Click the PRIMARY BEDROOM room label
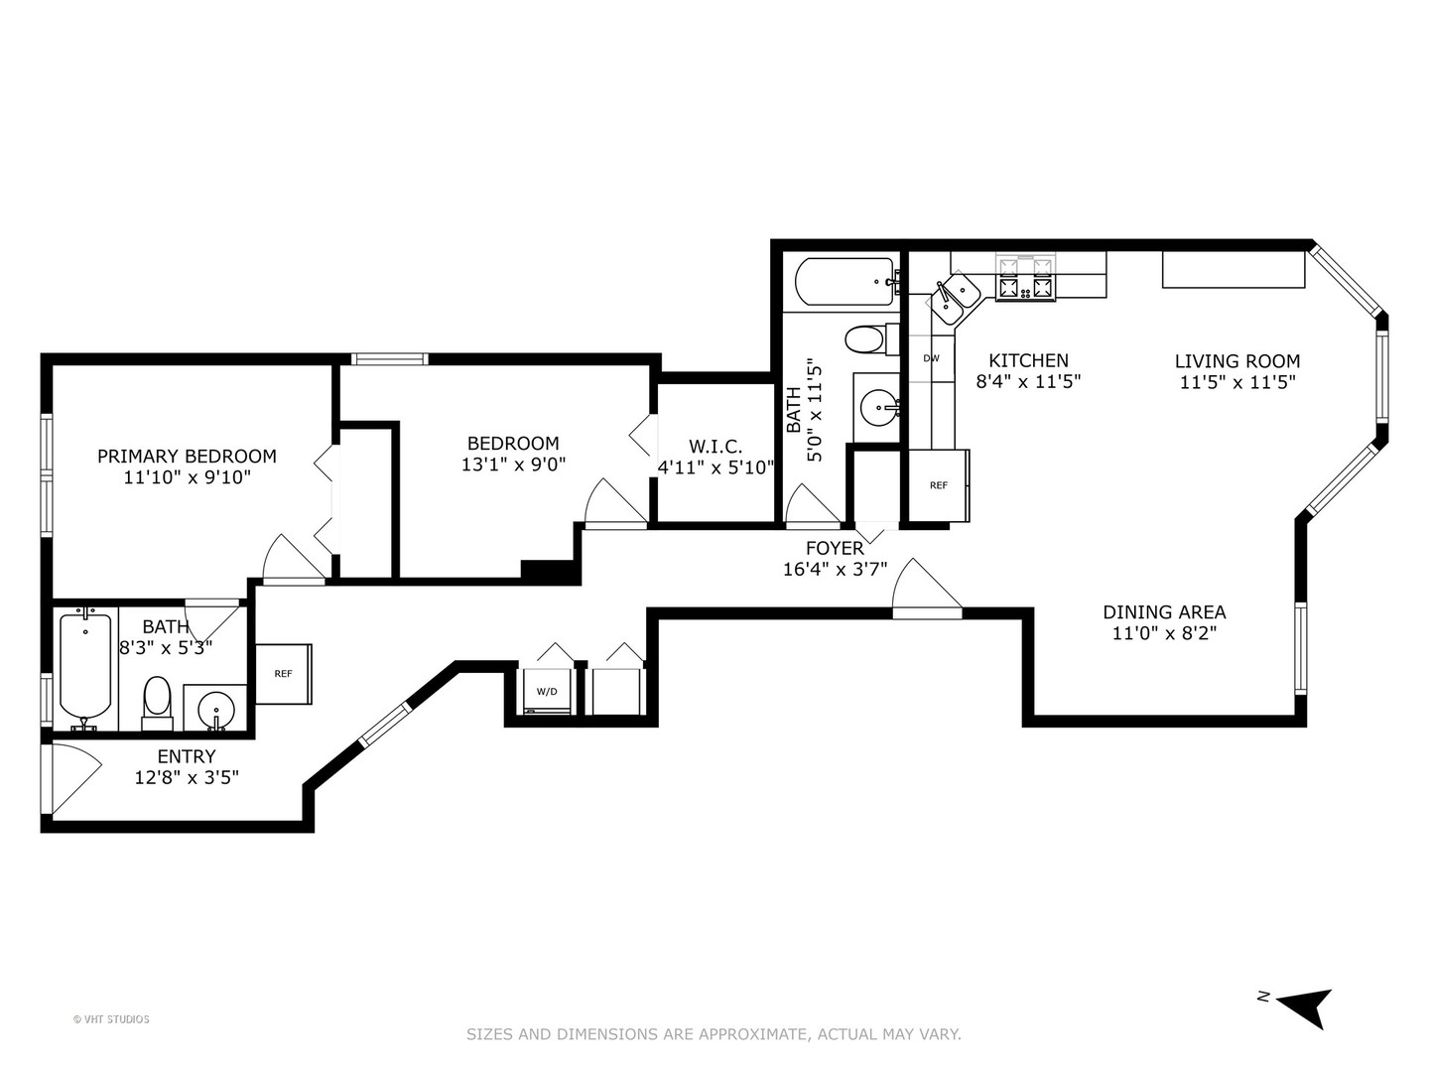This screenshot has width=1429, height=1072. (187, 457)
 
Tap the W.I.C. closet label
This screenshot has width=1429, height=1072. (715, 447)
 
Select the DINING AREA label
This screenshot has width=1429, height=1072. (1164, 611)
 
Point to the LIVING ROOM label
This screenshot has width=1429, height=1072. (1236, 361)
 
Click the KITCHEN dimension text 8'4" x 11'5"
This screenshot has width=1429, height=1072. (1028, 381)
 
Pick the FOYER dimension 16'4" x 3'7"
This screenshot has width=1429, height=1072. (835, 570)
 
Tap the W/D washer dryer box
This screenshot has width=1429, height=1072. (547, 691)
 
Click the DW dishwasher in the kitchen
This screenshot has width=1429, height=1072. (931, 358)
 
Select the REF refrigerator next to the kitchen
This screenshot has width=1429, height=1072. (939, 485)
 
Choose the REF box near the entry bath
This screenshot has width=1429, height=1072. (283, 674)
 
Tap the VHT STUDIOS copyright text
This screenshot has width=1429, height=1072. (111, 1019)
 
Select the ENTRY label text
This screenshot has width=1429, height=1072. (187, 756)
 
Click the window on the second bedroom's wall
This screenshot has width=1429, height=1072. (390, 358)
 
